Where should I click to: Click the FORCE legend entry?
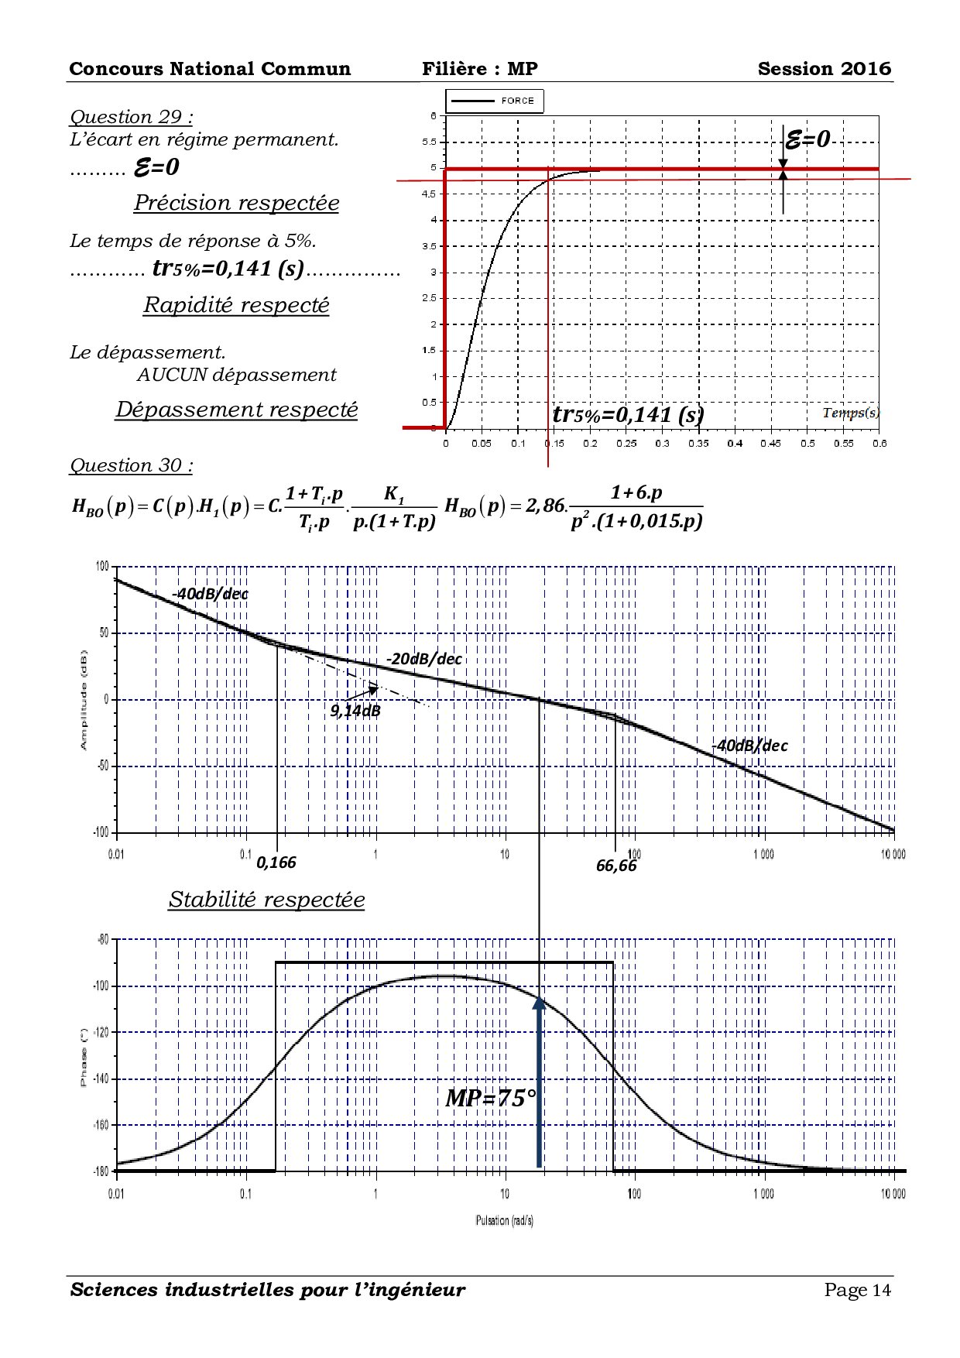point(495,101)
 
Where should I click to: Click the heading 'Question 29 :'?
point(131,117)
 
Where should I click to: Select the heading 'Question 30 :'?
point(131,465)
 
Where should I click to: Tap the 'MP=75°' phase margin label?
point(490,1098)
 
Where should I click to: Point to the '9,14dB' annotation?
point(355,711)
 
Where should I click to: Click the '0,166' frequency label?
point(276,862)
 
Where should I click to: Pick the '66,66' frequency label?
point(616,866)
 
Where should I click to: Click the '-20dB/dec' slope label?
point(424,659)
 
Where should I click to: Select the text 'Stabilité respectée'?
point(266,900)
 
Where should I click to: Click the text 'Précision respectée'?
point(236,203)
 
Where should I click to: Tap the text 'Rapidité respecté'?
point(236,305)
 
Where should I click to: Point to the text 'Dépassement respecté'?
point(236,409)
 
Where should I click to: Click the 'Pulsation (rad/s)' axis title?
point(504,1221)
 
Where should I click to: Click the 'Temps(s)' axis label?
point(850,413)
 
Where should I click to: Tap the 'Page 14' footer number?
point(857,1290)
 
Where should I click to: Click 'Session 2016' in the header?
point(824,69)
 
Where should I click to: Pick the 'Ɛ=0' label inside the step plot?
point(807,139)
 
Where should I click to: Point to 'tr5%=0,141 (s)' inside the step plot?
point(627,415)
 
